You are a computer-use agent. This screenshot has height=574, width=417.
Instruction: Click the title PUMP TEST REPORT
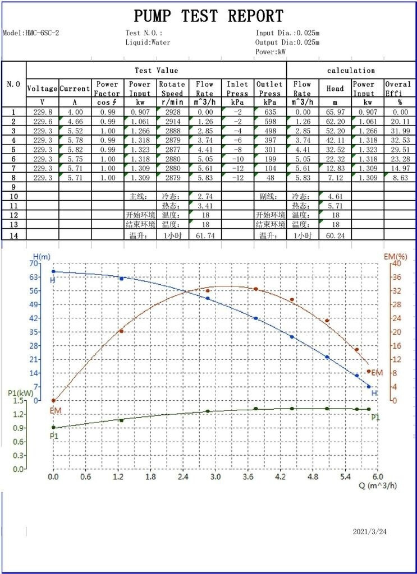point(209,16)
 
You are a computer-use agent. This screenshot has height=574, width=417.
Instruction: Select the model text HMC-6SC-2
point(42,33)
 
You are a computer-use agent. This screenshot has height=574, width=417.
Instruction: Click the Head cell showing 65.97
point(335,113)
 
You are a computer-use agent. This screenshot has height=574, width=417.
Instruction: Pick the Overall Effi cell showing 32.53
point(397,140)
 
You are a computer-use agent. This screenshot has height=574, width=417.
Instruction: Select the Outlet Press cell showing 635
point(270,113)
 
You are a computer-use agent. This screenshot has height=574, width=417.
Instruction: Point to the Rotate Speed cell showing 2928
point(172,113)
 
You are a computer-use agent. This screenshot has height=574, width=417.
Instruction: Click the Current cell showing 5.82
point(75,150)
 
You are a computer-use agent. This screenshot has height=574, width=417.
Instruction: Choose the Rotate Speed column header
point(172,89)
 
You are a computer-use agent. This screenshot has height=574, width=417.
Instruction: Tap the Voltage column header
point(42,89)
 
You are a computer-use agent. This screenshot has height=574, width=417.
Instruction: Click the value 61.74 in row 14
point(205,236)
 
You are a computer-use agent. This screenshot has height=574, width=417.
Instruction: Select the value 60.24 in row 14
point(335,236)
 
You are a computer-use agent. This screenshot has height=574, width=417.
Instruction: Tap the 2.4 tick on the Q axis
point(183,477)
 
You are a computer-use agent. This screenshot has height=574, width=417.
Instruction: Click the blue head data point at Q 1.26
point(121,279)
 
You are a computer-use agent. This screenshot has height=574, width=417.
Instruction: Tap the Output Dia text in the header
point(287,42)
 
